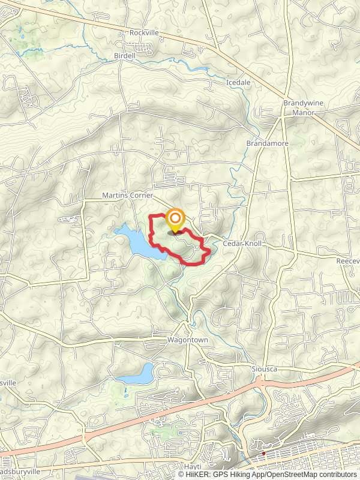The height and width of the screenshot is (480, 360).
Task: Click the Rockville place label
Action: pos(145,33)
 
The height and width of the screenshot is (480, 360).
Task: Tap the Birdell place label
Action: pos(125,56)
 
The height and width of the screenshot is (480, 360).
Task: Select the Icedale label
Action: pos(238,82)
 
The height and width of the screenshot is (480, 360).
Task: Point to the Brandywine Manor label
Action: pos(303,107)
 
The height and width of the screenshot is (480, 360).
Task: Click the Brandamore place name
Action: pos(268,144)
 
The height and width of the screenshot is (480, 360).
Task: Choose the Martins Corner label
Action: pos(128,196)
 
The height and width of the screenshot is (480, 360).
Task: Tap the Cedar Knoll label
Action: pos(239,244)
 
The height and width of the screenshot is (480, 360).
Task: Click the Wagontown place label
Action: pos(187,340)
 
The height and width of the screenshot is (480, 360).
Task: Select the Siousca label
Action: pos(264,368)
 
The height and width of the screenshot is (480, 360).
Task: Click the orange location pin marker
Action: pos(175,219)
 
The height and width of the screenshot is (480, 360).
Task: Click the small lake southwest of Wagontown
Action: pos(138,374)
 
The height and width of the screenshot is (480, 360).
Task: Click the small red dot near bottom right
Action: pos(263,454)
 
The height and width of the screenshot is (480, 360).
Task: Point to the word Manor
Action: pos(303,112)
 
